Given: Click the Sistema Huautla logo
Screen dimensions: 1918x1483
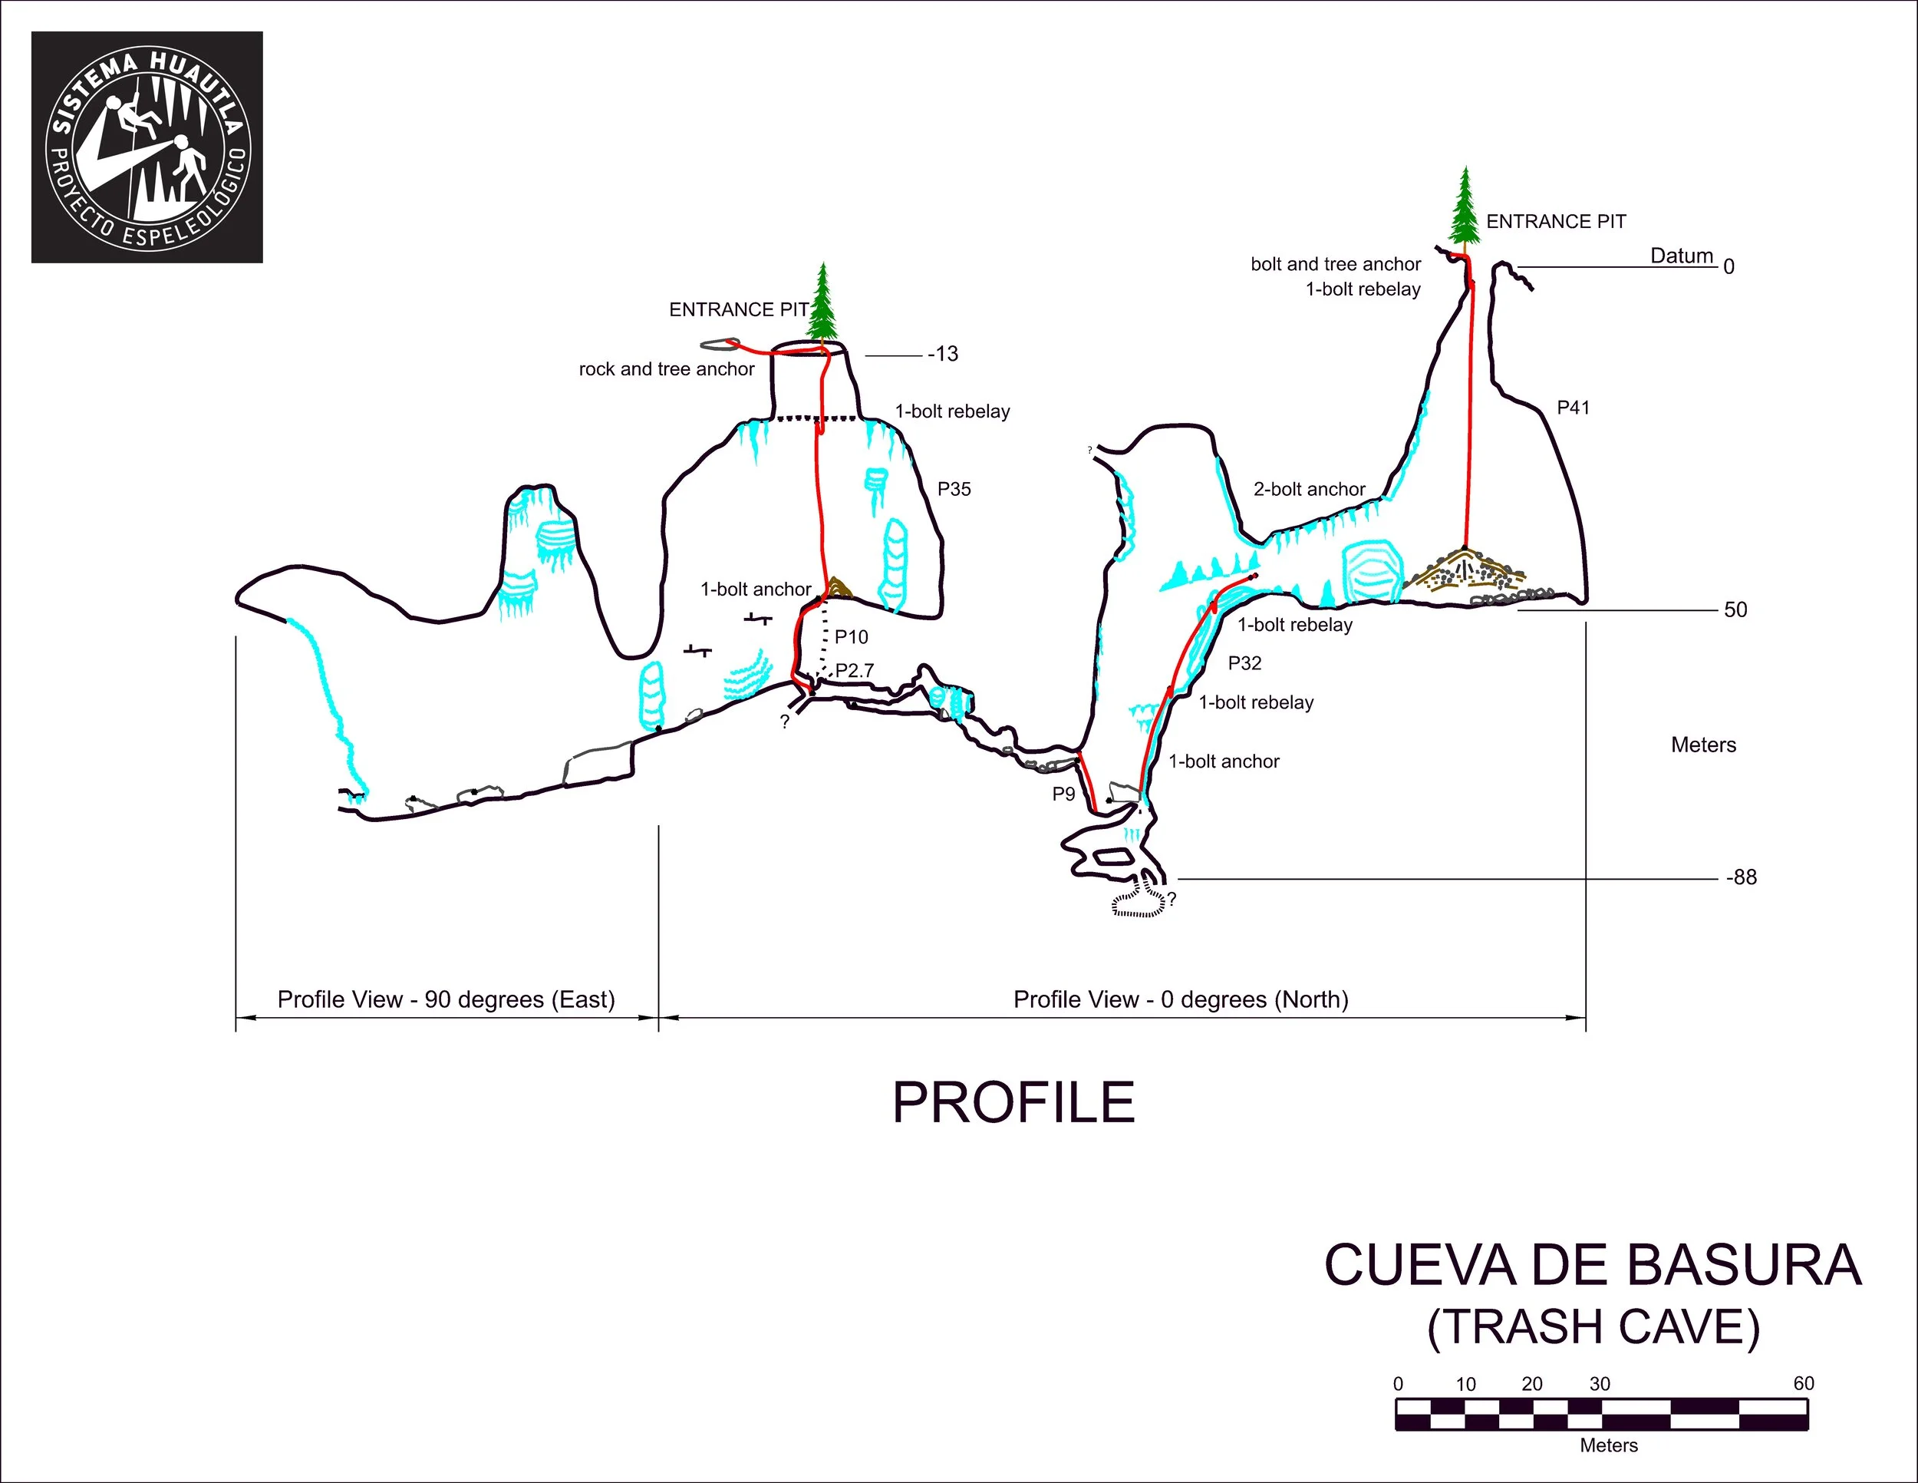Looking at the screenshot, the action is click(147, 147).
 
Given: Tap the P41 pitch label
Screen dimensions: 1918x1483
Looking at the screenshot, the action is click(1573, 408).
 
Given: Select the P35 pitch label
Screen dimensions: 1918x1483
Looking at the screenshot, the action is click(954, 490).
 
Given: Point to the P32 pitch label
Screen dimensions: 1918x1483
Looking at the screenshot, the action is click(1244, 663).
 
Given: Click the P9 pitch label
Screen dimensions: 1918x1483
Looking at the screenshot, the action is click(1063, 794).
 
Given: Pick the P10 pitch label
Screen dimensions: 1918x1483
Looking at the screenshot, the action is click(851, 637).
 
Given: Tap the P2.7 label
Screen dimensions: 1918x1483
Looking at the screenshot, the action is click(855, 670).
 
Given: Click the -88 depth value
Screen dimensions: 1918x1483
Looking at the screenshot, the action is click(1742, 877).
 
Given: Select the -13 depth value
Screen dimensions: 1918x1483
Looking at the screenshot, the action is click(943, 354).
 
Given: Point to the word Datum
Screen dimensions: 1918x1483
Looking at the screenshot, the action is click(1682, 256).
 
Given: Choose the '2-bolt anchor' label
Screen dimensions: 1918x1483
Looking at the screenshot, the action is click(1309, 490).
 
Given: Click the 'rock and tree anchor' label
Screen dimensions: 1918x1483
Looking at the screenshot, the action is click(667, 369).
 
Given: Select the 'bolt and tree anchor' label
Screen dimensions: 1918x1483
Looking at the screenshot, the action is click(1335, 265).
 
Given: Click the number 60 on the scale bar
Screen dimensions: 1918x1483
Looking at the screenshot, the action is click(1803, 1384).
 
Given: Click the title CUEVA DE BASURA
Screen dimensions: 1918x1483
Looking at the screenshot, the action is click(1592, 1266).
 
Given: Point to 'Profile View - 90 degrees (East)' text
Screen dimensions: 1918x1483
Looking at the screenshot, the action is click(447, 999).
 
